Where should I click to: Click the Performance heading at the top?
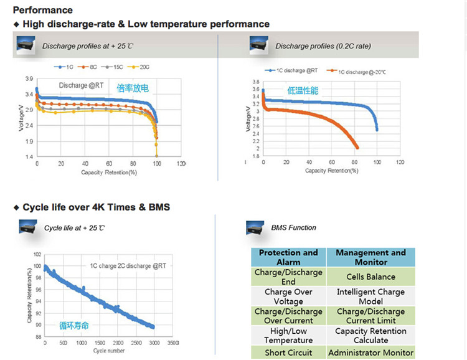pyautogui.click(x=43, y=10)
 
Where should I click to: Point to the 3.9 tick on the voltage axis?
pyautogui.click(x=29, y=79)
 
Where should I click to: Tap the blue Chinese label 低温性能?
pyautogui.click(x=303, y=91)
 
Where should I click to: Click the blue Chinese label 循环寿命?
pyautogui.click(x=74, y=324)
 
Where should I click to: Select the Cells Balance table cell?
pyautogui.click(x=370, y=277)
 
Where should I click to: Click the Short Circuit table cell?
pyautogui.click(x=288, y=353)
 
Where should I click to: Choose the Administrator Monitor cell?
pyautogui.click(x=370, y=353)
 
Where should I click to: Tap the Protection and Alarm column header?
pyautogui.click(x=288, y=257)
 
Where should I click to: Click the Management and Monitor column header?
pyautogui.click(x=370, y=257)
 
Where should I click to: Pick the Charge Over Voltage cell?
pyautogui.click(x=288, y=296)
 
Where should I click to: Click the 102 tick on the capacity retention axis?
pyautogui.click(x=37, y=255)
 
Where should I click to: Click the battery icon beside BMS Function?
pyautogui.click(x=255, y=227)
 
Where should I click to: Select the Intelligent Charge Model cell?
pyautogui.click(x=370, y=296)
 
